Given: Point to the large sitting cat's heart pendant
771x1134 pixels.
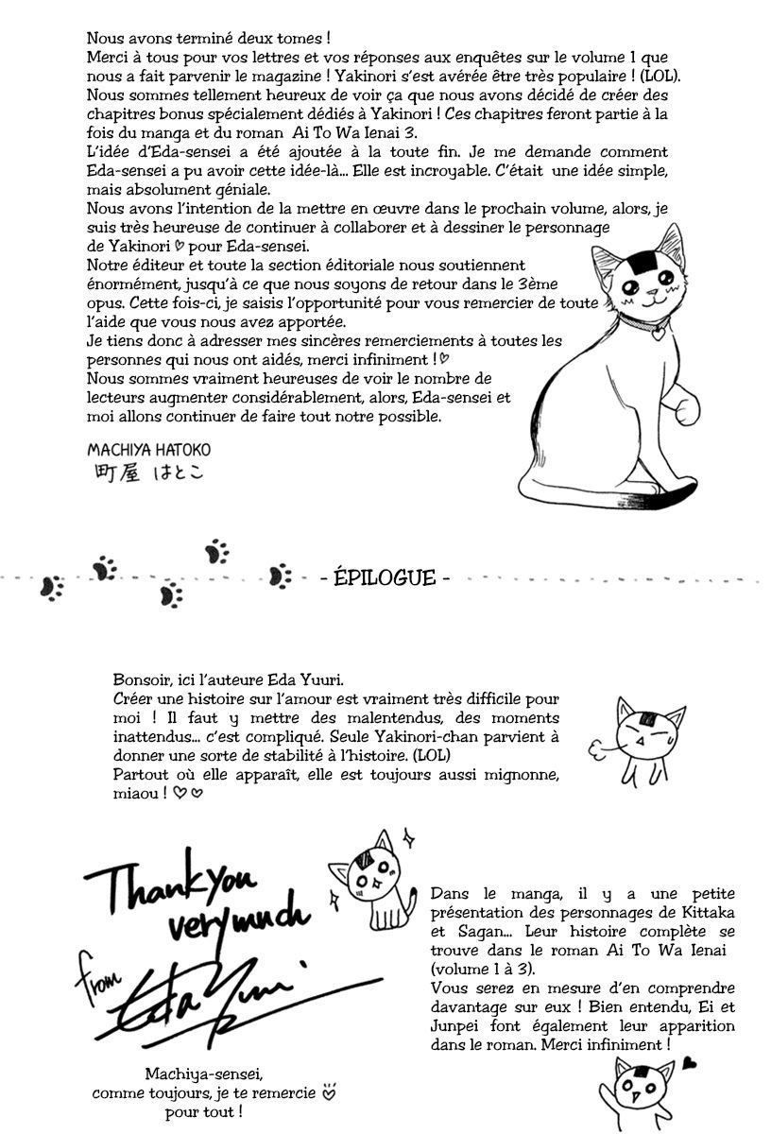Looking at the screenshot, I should coord(659,332).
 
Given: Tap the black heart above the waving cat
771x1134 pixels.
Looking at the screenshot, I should coord(691,1062).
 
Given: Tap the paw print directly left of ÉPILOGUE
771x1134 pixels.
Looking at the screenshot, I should coord(280,576).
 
